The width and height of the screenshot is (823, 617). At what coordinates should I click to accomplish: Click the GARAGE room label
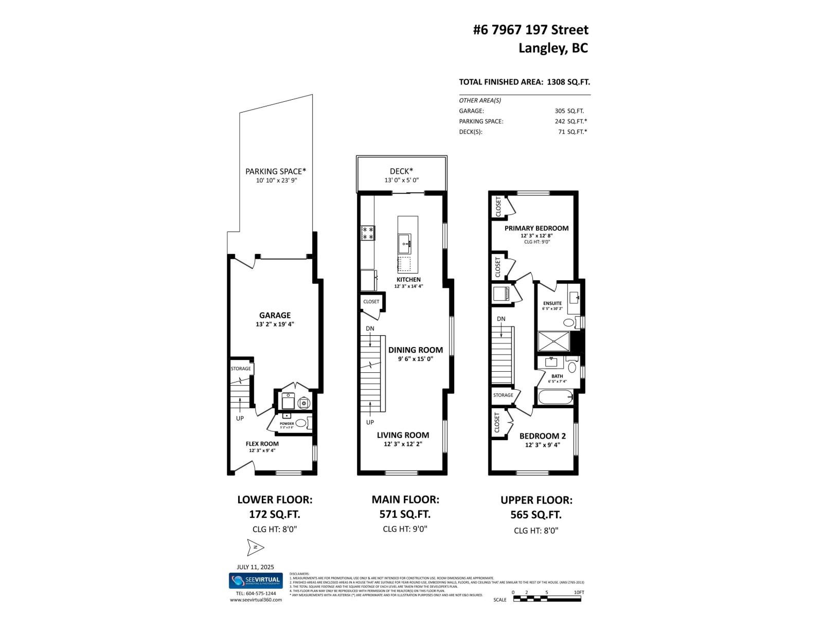tap(275, 315)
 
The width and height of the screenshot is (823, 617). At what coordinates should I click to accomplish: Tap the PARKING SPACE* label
tap(276, 171)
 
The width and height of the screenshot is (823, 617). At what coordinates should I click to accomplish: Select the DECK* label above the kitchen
tap(401, 171)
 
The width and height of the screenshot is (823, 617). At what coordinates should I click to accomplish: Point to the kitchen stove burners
tap(368, 233)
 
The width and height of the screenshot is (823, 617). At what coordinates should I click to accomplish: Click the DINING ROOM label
tap(415, 350)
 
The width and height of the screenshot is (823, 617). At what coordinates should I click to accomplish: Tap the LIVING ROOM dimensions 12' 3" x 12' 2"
tap(403, 444)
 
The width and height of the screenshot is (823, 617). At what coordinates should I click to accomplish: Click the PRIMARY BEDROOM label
tap(536, 228)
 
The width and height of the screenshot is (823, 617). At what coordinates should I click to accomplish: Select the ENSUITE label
tap(552, 303)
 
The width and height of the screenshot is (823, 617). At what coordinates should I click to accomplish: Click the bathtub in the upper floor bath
tap(555, 397)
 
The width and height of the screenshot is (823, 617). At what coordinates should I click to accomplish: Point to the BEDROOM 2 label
tap(542, 435)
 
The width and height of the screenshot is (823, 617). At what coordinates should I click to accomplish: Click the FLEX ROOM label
tap(262, 444)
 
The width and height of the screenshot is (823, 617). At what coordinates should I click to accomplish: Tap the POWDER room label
tap(287, 424)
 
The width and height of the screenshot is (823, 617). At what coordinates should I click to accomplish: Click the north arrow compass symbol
tap(255, 547)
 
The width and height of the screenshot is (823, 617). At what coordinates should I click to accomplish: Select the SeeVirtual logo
tap(255, 580)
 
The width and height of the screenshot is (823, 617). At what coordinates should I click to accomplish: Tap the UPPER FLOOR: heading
tap(536, 500)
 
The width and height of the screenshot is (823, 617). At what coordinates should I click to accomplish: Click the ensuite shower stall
tap(553, 341)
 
